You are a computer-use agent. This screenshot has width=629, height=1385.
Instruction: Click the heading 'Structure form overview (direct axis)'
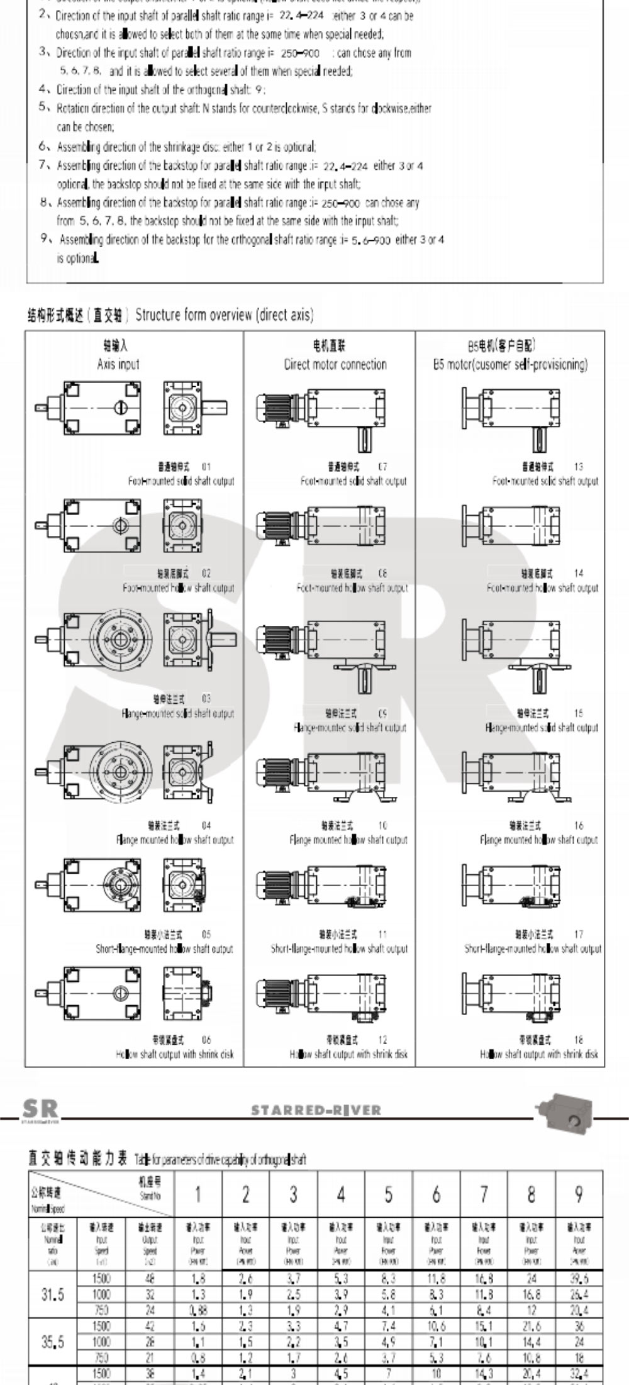pyautogui.click(x=224, y=314)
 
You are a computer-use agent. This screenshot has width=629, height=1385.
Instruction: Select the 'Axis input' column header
pyautogui.click(x=118, y=364)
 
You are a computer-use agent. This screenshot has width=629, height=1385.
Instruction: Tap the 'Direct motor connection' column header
pyautogui.click(x=335, y=364)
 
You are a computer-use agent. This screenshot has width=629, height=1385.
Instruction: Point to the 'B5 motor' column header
pyautogui.click(x=510, y=364)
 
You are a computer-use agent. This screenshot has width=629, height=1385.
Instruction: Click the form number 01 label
pyautogui.click(x=206, y=467)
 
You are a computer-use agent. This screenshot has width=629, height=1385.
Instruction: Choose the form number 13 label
pyautogui.click(x=578, y=467)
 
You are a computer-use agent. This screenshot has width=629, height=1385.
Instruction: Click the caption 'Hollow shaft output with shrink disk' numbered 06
pyautogui.click(x=174, y=1054)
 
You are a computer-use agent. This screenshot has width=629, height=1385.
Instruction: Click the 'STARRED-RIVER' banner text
pyautogui.click(x=316, y=1111)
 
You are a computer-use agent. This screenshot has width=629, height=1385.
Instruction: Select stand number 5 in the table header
pyautogui.click(x=388, y=1194)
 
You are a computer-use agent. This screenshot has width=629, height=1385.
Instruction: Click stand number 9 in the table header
pyautogui.click(x=579, y=1194)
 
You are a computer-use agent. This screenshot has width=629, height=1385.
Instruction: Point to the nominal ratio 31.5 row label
pyautogui.click(x=52, y=1294)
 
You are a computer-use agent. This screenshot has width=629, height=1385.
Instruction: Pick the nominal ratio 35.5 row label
pyautogui.click(x=52, y=1342)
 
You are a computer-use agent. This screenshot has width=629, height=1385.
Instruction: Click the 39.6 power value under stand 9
pyautogui.click(x=579, y=1279)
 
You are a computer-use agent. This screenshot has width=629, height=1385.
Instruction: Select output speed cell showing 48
pyautogui.click(x=150, y=1279)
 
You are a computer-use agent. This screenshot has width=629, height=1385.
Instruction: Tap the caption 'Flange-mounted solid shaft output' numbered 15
pyautogui.click(x=542, y=728)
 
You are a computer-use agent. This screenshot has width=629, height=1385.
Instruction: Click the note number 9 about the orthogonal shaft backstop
pyautogui.click(x=45, y=239)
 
